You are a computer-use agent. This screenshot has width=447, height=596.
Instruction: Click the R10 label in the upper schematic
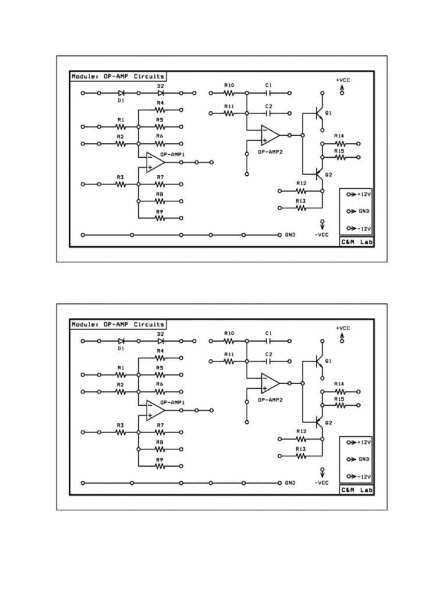229,85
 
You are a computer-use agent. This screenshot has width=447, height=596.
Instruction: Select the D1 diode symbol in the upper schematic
121,93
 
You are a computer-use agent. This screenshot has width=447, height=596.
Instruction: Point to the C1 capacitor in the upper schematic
268,93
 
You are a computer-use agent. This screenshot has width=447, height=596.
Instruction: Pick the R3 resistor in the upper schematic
120,184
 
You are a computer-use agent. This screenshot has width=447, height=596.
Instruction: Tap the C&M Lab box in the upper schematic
356,241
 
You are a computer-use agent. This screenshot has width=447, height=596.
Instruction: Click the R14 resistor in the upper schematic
339,143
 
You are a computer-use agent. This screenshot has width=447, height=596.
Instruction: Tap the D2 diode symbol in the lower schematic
160,341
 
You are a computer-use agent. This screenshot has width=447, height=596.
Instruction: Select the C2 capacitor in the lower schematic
268,361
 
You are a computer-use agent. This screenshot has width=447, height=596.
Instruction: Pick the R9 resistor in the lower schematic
159,466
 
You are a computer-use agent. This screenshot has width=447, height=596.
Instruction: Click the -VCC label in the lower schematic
322,483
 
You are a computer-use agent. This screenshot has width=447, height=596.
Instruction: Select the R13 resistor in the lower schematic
301,456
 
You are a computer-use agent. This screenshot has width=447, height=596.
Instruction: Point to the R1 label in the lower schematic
120,368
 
